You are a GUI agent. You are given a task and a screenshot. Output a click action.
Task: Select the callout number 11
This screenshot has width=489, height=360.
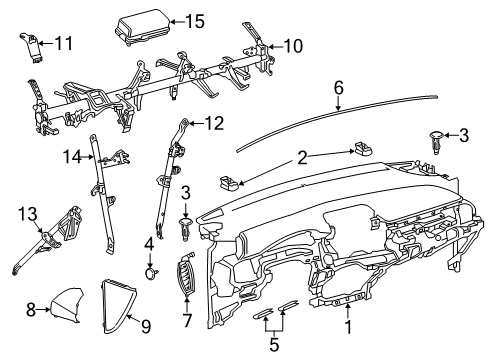64,43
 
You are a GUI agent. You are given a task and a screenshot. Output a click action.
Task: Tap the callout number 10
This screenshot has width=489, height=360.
292,45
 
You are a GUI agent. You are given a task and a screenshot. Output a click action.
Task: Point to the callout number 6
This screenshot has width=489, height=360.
339,89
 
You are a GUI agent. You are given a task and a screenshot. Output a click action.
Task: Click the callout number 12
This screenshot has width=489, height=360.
215,123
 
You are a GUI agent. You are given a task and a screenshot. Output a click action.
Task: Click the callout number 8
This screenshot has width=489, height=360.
30,310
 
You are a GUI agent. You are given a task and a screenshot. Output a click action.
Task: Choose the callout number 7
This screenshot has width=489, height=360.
185,322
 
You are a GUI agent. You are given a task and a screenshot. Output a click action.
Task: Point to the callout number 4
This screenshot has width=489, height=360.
149,242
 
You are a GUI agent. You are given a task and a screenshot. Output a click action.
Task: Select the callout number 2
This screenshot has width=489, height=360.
301,155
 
